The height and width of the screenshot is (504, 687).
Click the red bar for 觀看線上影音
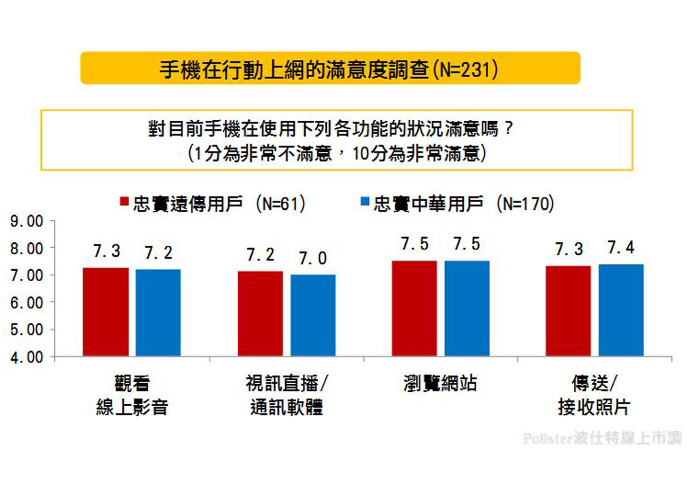pos(106,312)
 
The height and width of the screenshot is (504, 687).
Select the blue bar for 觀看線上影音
pos(158,313)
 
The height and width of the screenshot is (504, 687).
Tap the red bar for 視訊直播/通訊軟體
pos(260,314)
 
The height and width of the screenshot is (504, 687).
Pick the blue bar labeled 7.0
pos(313,315)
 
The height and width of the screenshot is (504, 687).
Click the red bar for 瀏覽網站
pos(414,309)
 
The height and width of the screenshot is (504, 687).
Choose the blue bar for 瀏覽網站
pos(467,309)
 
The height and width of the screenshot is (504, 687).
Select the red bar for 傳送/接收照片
pos(568,311)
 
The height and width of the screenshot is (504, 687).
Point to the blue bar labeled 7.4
pos(621,310)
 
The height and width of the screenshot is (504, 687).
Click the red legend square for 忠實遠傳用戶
pos(124,202)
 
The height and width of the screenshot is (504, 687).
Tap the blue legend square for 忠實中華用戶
pos(365,202)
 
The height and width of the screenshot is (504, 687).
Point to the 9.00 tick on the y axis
pos(27,222)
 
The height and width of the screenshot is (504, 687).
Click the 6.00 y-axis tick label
pos(27,303)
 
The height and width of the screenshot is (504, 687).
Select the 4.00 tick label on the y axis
pos(27,357)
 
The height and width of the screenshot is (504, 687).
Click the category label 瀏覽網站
pos(440,383)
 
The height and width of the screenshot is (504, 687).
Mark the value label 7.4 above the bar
pos(621,247)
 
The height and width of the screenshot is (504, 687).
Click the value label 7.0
pos(313,258)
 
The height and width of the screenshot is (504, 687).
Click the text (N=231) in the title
pos(465,69)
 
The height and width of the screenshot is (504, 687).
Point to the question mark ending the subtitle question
pos(508,128)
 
